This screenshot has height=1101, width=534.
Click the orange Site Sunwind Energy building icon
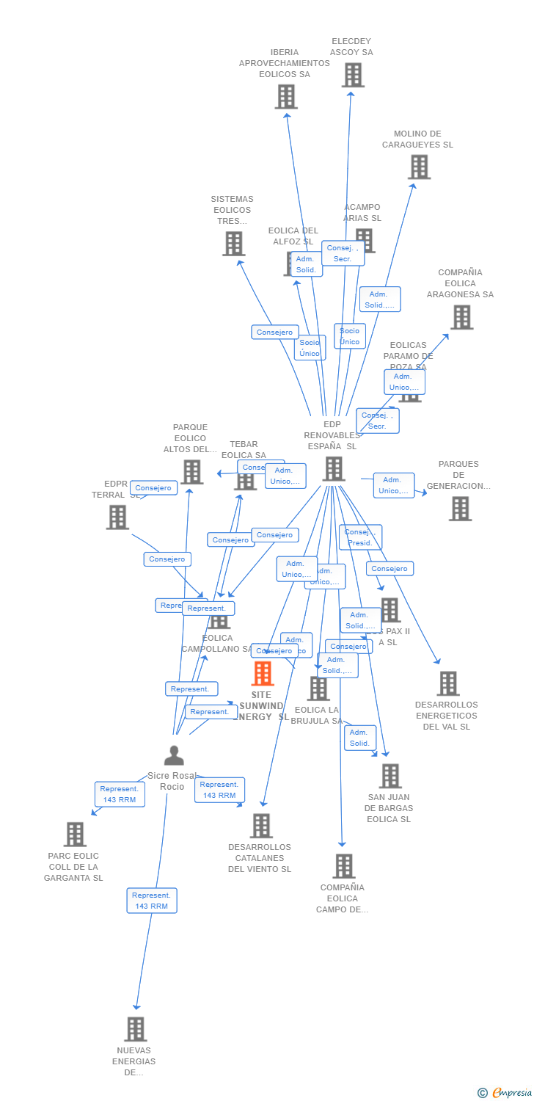[x=263, y=673]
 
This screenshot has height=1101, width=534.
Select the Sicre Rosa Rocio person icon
[x=174, y=755]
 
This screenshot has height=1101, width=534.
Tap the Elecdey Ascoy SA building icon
[x=353, y=75]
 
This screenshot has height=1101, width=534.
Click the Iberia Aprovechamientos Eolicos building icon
[x=286, y=96]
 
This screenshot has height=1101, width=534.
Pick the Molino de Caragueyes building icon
[x=419, y=167]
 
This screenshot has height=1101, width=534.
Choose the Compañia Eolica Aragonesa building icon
[x=461, y=317]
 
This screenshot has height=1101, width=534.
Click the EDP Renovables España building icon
[x=334, y=469]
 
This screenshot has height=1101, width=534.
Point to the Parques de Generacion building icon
[x=461, y=508]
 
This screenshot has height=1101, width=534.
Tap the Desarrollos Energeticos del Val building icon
[x=448, y=683]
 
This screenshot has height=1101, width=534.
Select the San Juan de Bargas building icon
[x=390, y=776]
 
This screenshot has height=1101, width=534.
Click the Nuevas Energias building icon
[x=135, y=1029]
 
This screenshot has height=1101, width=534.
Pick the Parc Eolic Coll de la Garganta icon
[x=75, y=835]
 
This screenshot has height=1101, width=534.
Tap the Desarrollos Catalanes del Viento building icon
[x=261, y=826]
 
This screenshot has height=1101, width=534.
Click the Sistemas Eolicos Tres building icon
[x=233, y=244]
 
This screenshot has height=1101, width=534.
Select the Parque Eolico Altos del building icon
[x=192, y=472]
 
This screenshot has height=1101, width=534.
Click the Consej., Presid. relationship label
[x=360, y=537]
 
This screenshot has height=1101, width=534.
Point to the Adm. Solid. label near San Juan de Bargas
[x=359, y=738]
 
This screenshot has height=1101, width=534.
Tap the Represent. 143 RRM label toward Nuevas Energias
[x=152, y=901]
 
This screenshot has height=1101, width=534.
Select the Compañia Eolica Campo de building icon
[x=344, y=866]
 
